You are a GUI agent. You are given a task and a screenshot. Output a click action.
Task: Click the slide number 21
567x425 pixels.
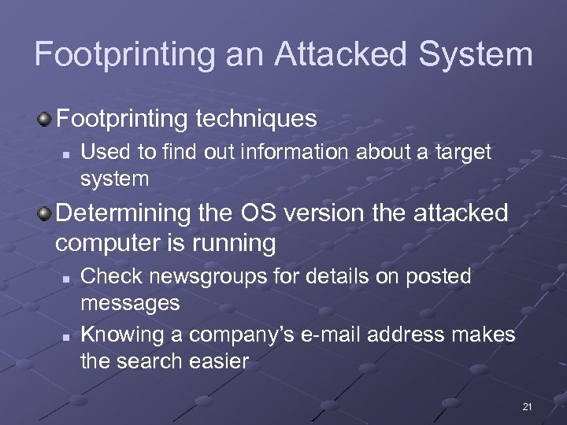[x=527, y=406]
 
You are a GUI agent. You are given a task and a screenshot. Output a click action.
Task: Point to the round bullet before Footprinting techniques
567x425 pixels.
[x=46, y=119]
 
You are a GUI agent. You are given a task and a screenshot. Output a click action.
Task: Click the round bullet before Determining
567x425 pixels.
[x=46, y=213]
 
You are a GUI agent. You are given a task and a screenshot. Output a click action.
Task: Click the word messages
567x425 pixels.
[x=130, y=302]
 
